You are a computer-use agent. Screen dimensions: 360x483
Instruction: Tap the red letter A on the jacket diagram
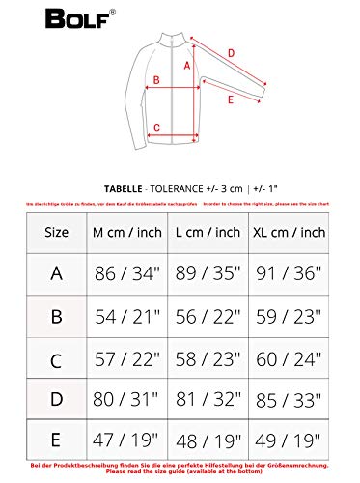point(185,66)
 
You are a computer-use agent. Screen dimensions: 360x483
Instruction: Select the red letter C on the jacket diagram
point(155,126)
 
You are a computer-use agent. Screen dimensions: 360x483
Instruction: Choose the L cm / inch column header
point(210,232)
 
